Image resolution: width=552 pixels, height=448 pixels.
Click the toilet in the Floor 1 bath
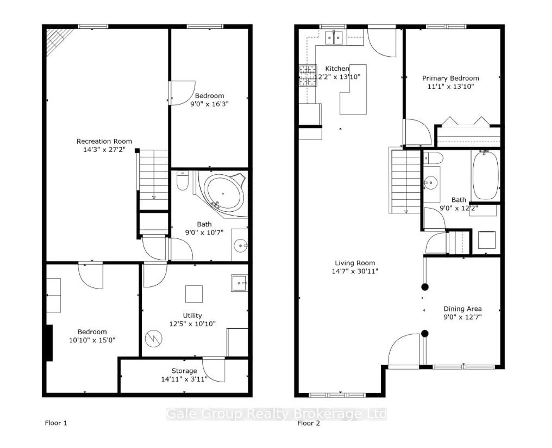pyautogui.click(x=182, y=181)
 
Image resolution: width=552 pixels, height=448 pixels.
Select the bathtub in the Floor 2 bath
pyautogui.click(x=485, y=176)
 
